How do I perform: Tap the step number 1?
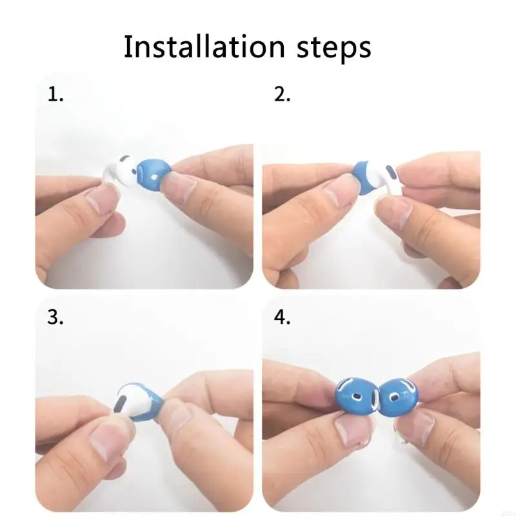pyautogui.click(x=55, y=95)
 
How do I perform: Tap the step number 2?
pyautogui.click(x=283, y=95)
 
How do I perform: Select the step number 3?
pyautogui.click(x=55, y=318)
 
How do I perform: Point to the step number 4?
pyautogui.click(x=283, y=318)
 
